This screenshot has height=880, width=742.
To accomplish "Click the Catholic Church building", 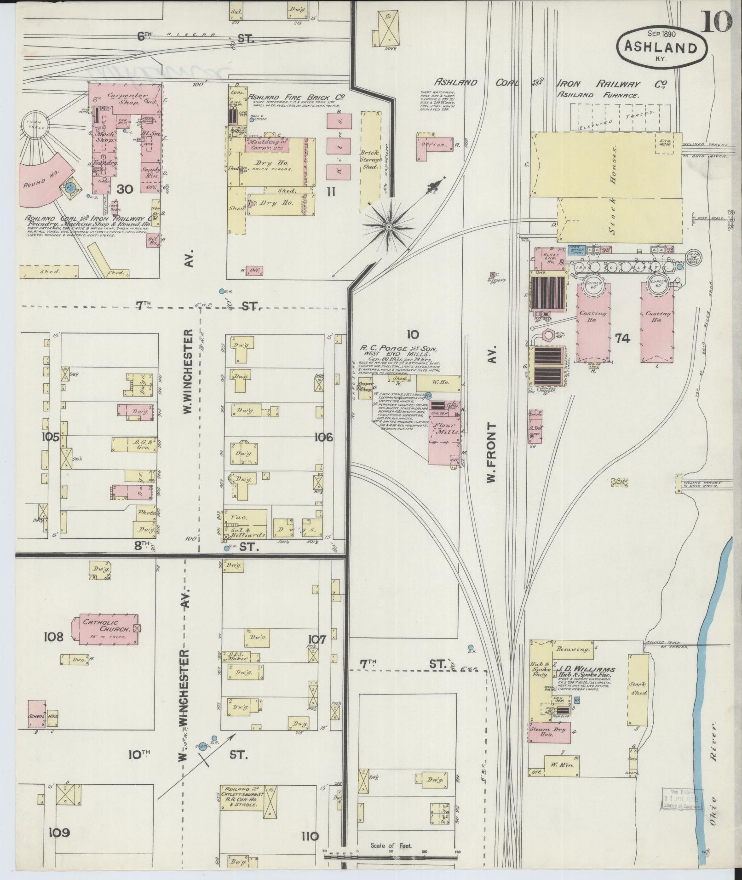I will (x=105, y=628).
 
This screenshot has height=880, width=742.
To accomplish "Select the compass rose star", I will (x=389, y=227).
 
